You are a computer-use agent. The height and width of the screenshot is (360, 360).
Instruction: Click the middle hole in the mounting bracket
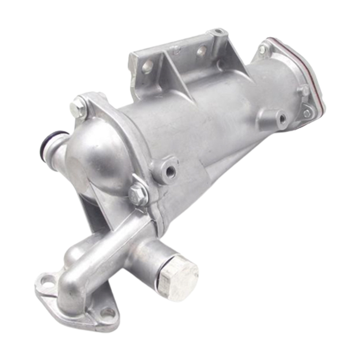pos(202,49)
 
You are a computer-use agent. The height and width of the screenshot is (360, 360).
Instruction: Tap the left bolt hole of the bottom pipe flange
pos(46,281)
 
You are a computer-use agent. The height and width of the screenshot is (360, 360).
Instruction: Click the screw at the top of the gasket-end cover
pos(262,49)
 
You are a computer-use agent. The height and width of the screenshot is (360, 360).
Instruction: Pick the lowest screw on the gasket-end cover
pos(307,113)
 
